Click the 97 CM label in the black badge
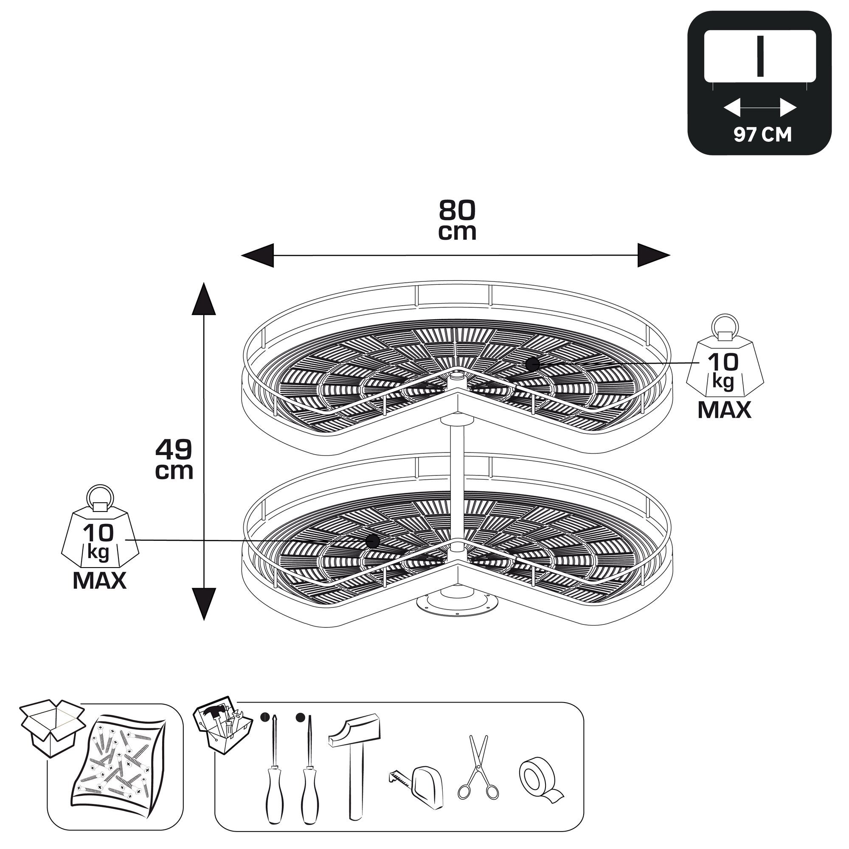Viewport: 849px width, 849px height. point(762,135)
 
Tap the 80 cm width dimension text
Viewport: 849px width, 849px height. point(457,220)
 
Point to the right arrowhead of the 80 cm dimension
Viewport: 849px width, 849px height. point(654,255)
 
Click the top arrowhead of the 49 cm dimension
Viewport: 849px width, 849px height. point(204,299)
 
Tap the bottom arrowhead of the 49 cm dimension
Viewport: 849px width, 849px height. point(204,604)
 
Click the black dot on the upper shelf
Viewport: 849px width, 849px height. point(532,364)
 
